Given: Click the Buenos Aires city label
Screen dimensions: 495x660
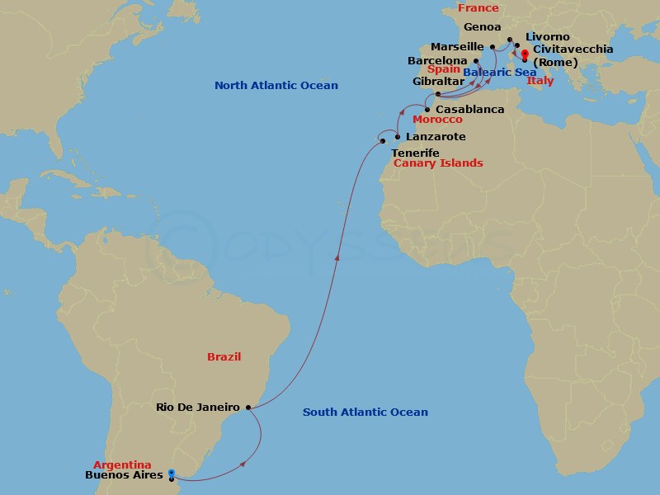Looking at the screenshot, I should (124, 475).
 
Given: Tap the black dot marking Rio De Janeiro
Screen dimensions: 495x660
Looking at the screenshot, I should (248, 407).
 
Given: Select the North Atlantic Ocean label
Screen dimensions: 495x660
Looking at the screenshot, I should (276, 86).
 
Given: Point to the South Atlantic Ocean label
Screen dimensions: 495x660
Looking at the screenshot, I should (365, 412).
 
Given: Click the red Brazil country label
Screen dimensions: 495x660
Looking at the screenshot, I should (224, 357).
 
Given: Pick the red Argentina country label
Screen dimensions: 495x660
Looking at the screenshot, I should (122, 465).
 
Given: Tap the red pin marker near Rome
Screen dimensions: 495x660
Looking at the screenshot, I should (525, 55).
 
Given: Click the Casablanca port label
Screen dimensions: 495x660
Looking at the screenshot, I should (469, 109).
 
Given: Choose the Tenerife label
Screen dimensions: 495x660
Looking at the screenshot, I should (415, 153).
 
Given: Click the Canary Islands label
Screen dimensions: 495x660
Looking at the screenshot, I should (438, 163).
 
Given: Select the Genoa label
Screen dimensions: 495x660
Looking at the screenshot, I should (483, 27).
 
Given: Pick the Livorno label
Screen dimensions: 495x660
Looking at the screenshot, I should (547, 37).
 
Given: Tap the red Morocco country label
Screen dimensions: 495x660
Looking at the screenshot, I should (437, 120).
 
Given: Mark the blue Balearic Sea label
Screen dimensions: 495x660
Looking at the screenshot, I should (499, 73).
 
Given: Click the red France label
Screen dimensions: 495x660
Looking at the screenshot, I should (478, 8).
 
